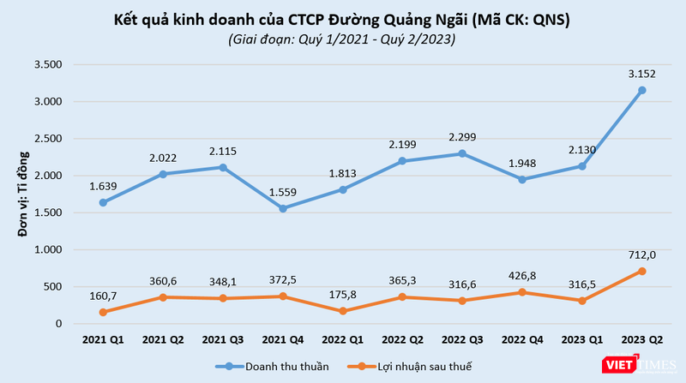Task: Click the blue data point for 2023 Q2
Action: (641, 90)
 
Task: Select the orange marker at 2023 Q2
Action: (641, 271)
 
